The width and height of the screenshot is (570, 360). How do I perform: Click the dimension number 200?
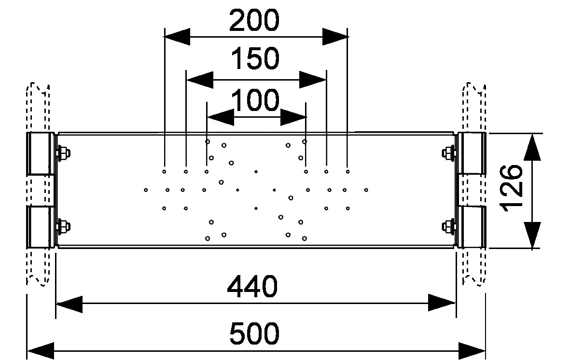[254, 21]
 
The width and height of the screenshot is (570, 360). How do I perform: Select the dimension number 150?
[255, 58]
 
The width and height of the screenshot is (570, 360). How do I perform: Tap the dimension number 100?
[255, 101]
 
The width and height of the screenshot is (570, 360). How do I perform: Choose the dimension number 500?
[254, 333]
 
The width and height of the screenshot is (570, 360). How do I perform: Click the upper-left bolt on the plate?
[62, 154]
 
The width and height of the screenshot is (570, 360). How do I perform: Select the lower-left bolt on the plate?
[62, 226]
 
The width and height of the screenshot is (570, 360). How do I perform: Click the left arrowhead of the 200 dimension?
[176, 36]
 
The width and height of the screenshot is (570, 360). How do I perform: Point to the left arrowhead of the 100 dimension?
[220, 117]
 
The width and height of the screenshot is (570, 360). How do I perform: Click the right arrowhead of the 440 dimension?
[442, 303]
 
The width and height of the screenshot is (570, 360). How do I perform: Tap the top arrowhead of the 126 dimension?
[532, 147]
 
